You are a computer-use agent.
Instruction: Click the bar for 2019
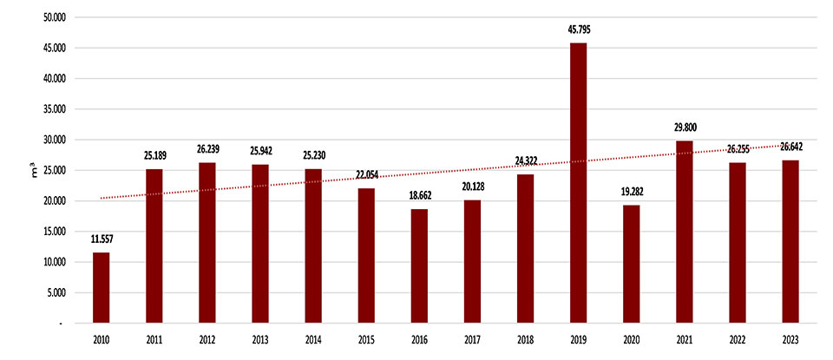coord(578,182)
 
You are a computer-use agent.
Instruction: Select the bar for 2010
coord(101,287)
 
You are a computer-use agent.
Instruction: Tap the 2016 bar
coord(419,265)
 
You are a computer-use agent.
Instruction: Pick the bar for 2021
coord(684,231)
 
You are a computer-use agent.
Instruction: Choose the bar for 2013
coord(260,243)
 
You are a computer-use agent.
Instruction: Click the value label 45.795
coord(578,29)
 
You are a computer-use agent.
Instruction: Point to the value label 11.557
coord(101,239)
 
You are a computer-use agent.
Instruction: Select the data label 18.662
coord(419,195)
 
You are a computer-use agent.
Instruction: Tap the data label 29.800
coord(684,127)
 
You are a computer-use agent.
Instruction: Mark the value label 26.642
coord(790,147)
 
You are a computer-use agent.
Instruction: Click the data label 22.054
coord(366,174)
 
